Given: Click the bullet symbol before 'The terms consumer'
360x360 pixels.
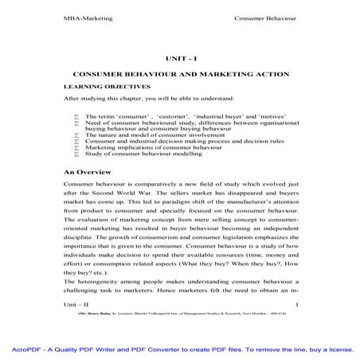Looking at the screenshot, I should [76, 116].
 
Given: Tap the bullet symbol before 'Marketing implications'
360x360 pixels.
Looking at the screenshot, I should [76, 147].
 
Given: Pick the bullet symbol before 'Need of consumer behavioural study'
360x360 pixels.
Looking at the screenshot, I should [76, 123].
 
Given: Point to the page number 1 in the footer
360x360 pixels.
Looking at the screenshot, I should [297, 304].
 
